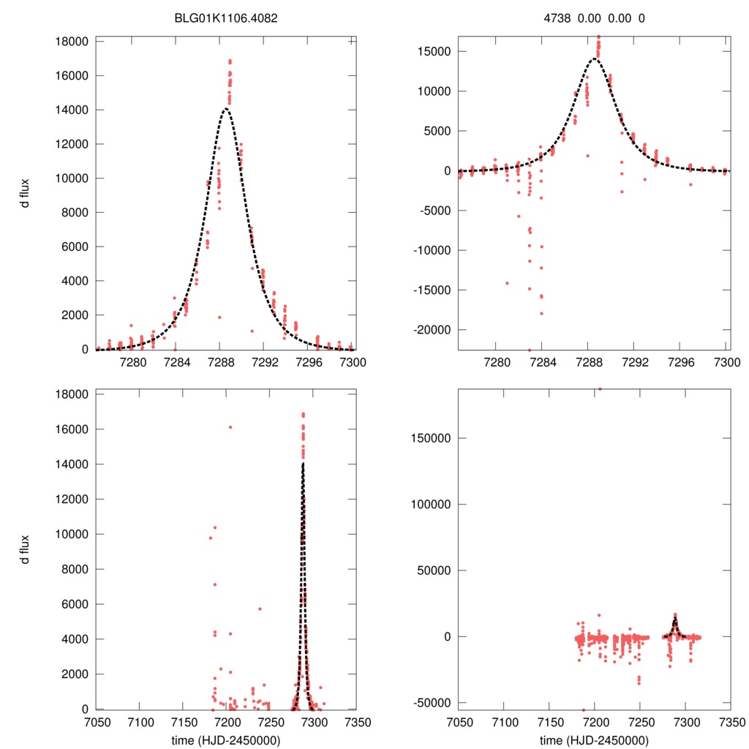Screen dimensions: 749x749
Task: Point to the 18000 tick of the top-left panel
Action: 72,41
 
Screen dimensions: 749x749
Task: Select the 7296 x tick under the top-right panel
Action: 680,362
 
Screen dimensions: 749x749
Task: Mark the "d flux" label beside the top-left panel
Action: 26,195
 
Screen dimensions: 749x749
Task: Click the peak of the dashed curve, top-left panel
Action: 226,109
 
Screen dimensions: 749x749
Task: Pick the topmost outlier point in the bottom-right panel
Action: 600,389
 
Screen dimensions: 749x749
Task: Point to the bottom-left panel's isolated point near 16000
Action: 230,427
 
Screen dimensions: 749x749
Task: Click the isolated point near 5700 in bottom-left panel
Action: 260,609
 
